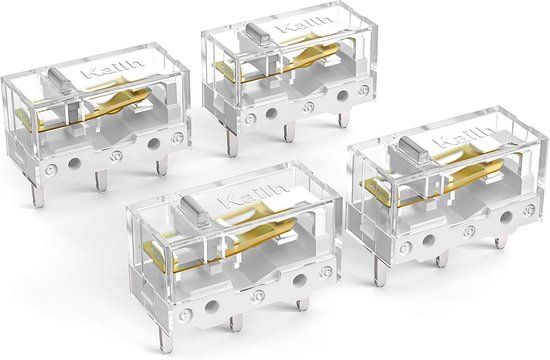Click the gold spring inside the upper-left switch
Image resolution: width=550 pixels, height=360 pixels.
[x=120, y=105]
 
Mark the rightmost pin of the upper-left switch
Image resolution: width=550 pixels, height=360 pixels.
[x=162, y=164]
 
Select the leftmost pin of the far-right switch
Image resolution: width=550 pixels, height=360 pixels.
[x=379, y=265]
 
